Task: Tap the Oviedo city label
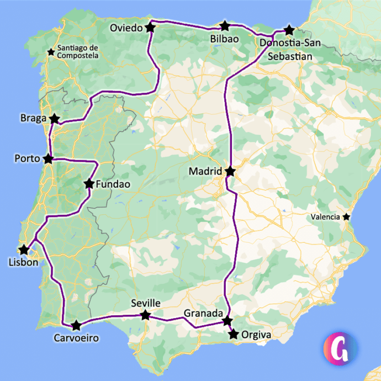coord(126,28)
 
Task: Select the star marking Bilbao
coord(225,26)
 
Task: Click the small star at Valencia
coord(346,217)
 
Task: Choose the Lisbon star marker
coord(24,250)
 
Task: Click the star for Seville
coord(145,315)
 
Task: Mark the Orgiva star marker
coord(234,334)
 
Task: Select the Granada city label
coord(203,313)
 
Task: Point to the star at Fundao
coord(88,184)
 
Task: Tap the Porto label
coord(27,159)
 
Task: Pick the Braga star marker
coord(54,119)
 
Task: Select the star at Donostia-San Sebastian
coord(288,30)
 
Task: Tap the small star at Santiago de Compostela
coord(51,52)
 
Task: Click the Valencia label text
coord(325,217)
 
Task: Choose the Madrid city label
coord(205,172)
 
